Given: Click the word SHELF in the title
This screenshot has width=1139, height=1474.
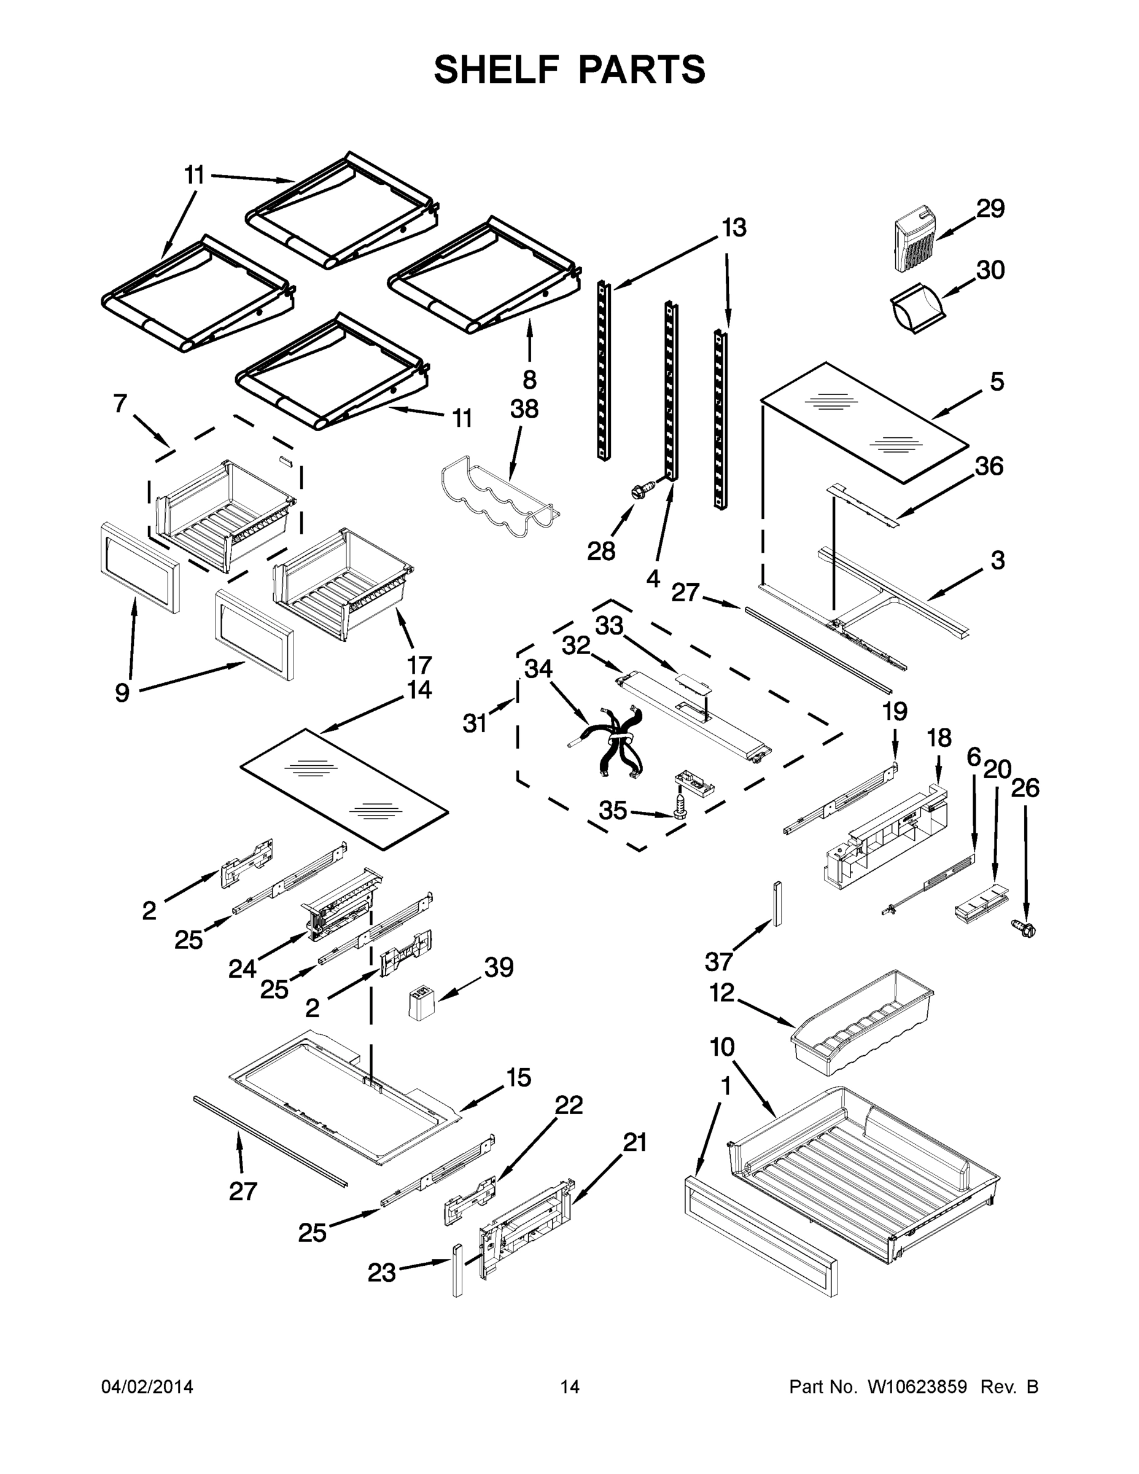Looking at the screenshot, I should pyautogui.click(x=496, y=69).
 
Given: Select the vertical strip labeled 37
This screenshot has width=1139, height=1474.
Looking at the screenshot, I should pyautogui.click(x=777, y=903).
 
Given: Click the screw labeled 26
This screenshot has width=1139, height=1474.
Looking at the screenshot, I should pyautogui.click(x=1026, y=929).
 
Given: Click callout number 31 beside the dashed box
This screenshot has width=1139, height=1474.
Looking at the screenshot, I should pyautogui.click(x=475, y=723).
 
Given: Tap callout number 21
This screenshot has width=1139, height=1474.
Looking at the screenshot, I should pyautogui.click(x=634, y=1142).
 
